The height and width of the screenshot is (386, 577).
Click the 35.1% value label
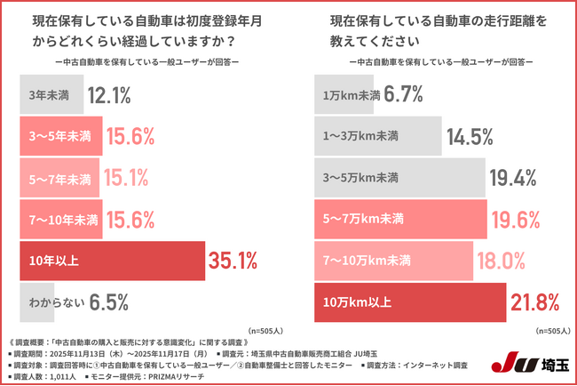233,261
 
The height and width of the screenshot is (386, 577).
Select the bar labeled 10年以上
112,261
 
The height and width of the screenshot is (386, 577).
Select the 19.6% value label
516,219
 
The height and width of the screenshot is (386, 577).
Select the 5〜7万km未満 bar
400,219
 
